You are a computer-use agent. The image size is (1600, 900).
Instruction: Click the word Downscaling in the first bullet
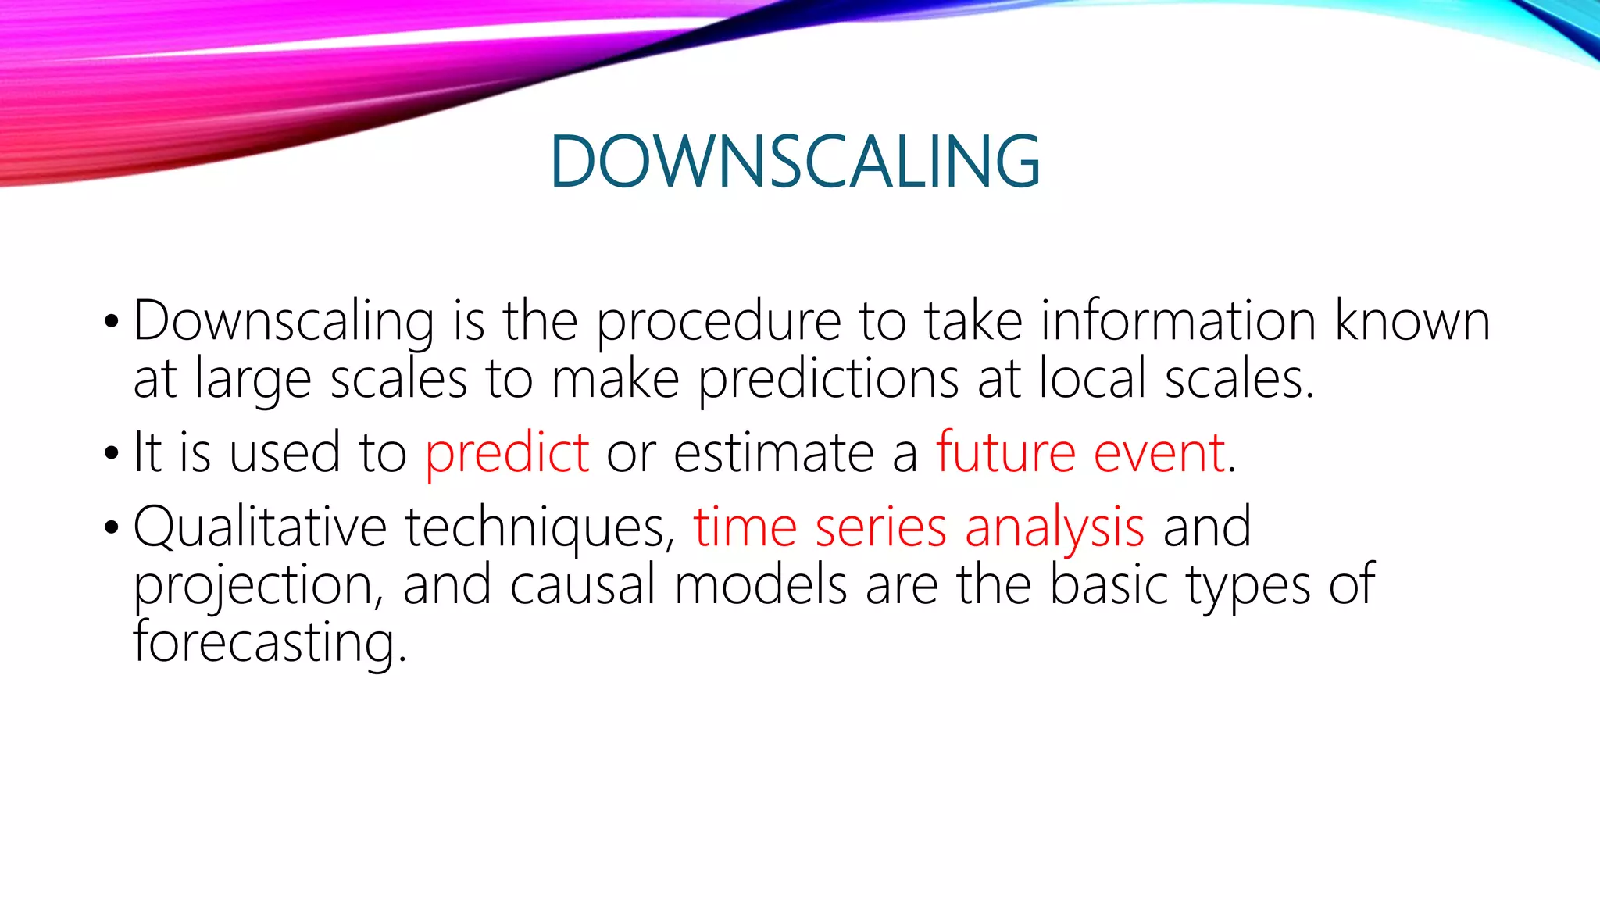[284, 322]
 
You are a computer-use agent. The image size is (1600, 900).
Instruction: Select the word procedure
[719, 322]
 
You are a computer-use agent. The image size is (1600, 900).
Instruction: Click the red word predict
[506, 454]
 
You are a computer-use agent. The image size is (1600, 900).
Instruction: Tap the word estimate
[773, 453]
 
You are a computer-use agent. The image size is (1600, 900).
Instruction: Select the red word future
[1005, 452]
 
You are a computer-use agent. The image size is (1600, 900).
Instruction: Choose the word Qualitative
[259, 527]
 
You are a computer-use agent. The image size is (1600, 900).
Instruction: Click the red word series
[880, 527]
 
